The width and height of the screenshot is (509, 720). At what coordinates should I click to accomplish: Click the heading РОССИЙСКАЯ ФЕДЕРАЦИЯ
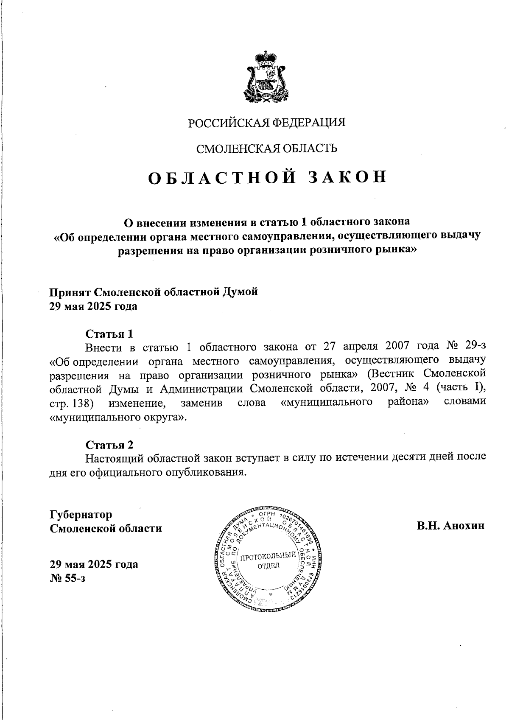pyautogui.click(x=267, y=123)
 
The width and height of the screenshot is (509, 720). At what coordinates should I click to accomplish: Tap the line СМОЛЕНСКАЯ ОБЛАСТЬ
pyautogui.click(x=266, y=148)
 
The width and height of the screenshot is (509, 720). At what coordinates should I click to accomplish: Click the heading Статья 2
pyautogui.click(x=109, y=445)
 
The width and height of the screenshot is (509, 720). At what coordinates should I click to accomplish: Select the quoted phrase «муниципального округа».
pyautogui.click(x=118, y=417)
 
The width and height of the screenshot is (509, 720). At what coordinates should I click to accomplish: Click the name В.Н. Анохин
pyautogui.click(x=450, y=526)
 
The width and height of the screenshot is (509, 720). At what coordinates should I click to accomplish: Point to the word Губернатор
pyautogui.click(x=81, y=515)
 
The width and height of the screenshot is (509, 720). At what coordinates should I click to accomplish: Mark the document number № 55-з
pyautogui.click(x=68, y=578)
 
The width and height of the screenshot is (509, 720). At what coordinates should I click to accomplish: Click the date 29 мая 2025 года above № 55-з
pyautogui.click(x=94, y=564)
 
